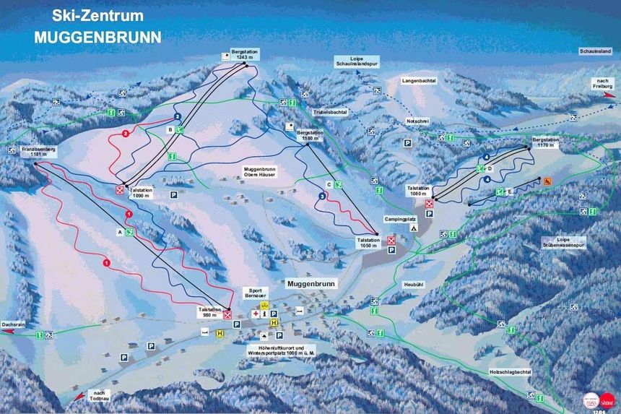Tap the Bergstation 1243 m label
[x=244, y=55]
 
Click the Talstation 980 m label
[x=208, y=311]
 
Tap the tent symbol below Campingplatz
[x=414, y=228]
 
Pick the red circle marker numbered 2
[x=126, y=134]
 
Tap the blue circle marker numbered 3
[x=322, y=196]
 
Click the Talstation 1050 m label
[x=368, y=243]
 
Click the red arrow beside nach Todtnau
[x=77, y=397]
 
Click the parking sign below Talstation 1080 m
[x=430, y=215]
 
